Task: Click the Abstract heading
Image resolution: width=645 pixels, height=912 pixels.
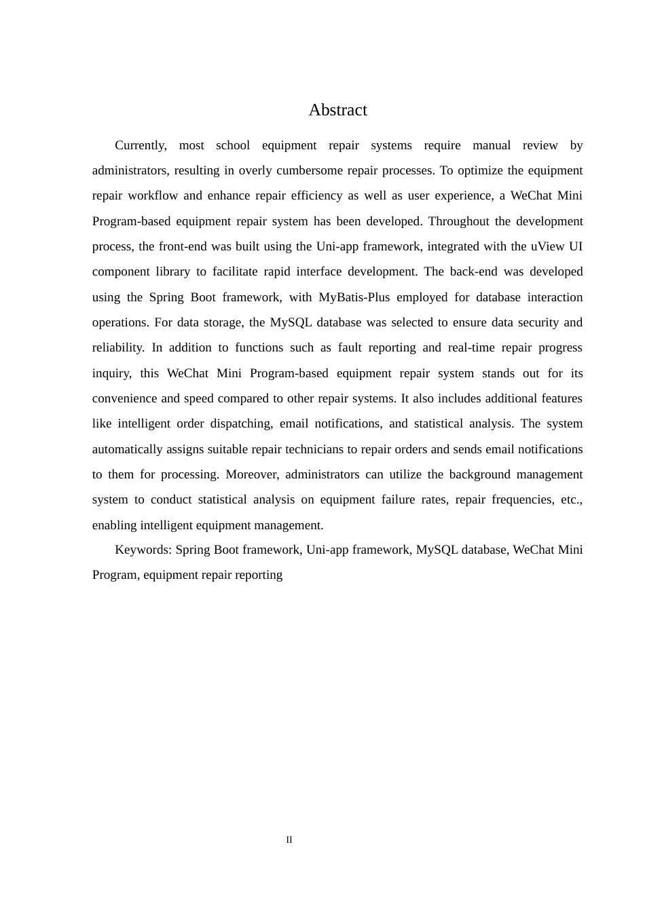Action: [x=337, y=110]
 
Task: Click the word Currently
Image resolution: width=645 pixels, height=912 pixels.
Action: [x=141, y=145]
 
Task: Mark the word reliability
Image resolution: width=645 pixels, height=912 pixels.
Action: [x=118, y=347]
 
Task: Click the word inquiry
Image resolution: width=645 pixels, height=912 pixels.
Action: [x=111, y=373]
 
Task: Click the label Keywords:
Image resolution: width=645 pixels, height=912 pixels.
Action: [x=143, y=550]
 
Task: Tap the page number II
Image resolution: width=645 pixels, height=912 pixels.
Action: [x=289, y=840]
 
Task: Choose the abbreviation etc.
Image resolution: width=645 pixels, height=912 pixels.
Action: [x=572, y=499]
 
